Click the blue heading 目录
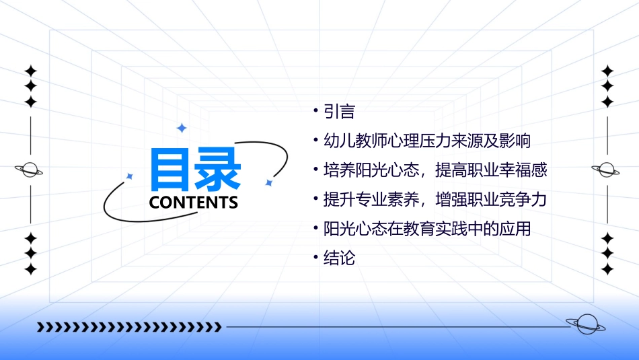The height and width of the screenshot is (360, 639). pos(195,170)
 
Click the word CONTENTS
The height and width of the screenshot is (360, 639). pos(194,203)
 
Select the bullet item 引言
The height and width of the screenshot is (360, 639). pos(339,111)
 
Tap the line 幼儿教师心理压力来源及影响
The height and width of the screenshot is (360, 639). pos(427,141)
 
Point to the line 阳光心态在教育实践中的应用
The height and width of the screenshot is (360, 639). pos(427,229)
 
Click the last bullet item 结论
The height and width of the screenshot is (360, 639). pos(339,258)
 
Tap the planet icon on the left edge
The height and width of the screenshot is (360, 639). pos(30,170)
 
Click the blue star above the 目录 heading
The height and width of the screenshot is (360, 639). pos(181,128)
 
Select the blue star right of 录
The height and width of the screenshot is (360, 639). pos(268,182)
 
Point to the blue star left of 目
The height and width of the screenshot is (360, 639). pos(130,176)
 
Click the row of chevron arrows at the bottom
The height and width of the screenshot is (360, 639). pos(128,327)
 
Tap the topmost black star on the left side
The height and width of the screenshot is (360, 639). pos(30,71)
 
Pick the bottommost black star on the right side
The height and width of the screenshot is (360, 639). pos(607,269)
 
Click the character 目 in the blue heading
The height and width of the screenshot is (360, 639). pos(172,170)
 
